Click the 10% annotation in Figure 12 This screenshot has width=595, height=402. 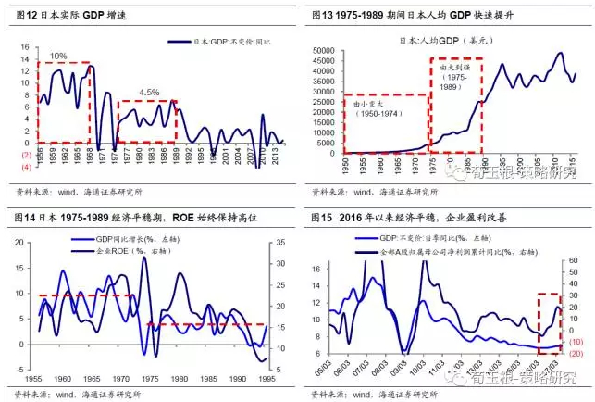coord(58,57)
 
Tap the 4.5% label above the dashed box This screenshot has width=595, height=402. coord(147,92)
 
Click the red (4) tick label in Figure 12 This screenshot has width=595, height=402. coord(27,167)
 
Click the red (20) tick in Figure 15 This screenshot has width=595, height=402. coord(575,353)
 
